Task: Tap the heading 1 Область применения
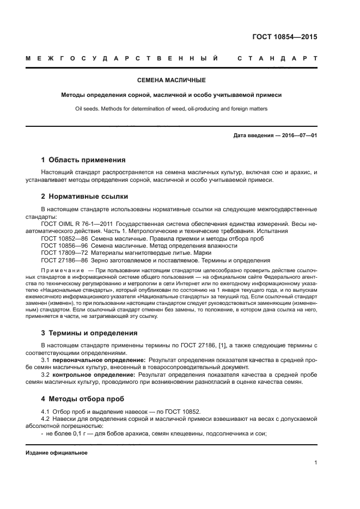pyautogui.click(x=83, y=160)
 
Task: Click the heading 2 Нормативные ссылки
pyautogui.click(x=85, y=197)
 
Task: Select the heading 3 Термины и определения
pyautogui.click(x=89, y=333)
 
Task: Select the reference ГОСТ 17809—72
pyautogui.click(x=60, y=253)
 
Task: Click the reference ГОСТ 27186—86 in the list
pyautogui.click(x=60, y=260)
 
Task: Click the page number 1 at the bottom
pyautogui.click(x=315, y=463)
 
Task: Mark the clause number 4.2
pyautogui.click(x=46, y=419)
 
